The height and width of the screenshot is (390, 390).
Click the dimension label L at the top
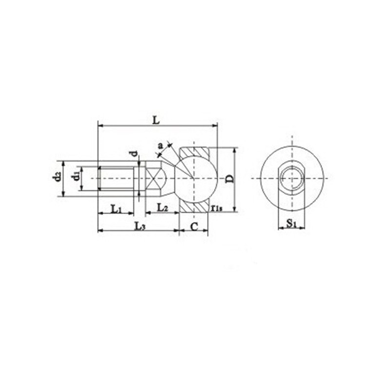[156, 120]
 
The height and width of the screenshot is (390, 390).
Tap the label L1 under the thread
[116, 209]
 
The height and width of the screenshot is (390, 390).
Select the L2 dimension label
[163, 208]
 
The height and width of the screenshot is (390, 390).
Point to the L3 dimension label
[139, 226]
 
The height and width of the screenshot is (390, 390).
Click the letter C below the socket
[194, 227]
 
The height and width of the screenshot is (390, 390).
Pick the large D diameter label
[230, 179]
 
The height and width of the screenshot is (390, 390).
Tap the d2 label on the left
[57, 176]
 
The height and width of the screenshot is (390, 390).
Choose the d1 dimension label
[76, 177]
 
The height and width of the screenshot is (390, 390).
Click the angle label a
[161, 145]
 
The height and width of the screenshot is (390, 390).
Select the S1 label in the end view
[291, 224]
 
